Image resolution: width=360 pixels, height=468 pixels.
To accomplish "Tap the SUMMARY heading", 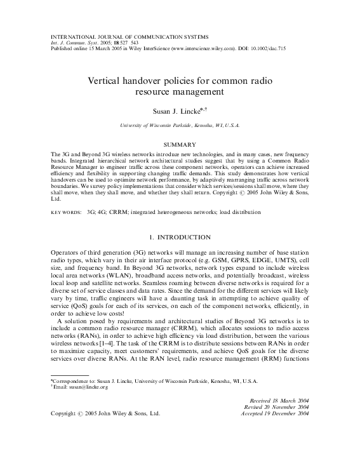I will pos(180,145).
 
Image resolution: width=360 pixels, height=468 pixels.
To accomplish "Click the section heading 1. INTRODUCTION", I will pos(180,237).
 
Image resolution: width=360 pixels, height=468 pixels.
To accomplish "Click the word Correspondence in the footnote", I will pos(72,398).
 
